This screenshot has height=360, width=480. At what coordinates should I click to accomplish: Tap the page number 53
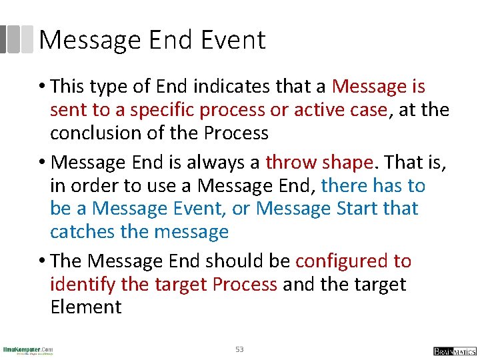pyautogui.click(x=239, y=349)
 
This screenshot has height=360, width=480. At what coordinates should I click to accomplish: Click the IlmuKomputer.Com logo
pyautogui.click(x=28, y=350)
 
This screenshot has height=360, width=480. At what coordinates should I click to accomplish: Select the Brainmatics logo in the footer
pyautogui.click(x=454, y=351)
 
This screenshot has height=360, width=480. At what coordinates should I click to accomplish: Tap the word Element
pyautogui.click(x=86, y=307)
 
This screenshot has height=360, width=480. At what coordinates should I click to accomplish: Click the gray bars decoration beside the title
pyautogui.click(x=16, y=39)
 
